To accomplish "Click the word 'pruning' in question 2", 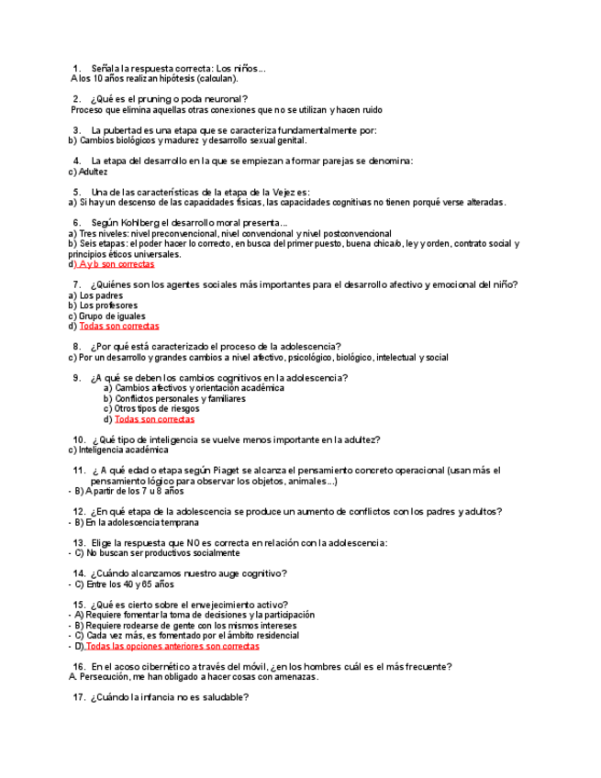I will coord(159,99).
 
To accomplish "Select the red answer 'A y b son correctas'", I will coord(117,264).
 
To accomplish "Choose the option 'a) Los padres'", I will coord(95,295).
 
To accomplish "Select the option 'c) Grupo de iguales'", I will coord(106,316).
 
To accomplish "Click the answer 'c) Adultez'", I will coord(88,172).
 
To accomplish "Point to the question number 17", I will coord(79,697).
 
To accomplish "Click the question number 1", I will coord(76,69).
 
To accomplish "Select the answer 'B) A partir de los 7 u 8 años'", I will coord(129,491).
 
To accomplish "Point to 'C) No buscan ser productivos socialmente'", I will coord(157,553).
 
